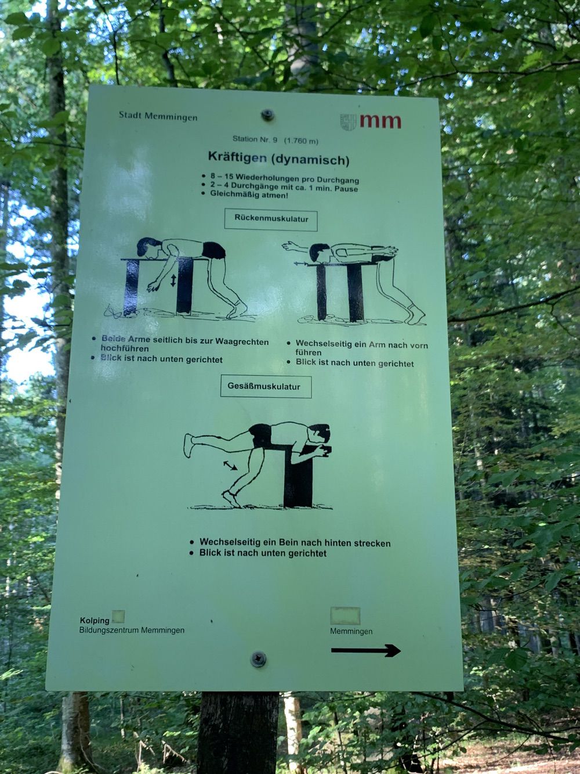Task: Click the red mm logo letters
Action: coord(380,121)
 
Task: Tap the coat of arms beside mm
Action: coord(348,122)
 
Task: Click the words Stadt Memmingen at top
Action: coord(158,116)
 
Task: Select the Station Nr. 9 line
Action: coord(275,140)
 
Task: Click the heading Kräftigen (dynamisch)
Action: coord(278,159)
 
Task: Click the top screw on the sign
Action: coord(267,114)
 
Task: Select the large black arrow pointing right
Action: coord(366,650)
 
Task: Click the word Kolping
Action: coord(95,621)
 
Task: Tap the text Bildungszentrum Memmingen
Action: coord(132,630)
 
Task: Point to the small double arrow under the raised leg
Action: coord(230,465)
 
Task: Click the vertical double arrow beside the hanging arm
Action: coord(173,280)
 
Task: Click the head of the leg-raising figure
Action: coord(320,434)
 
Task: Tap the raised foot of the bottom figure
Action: coord(189,445)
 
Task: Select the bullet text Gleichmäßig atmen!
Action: coord(249,195)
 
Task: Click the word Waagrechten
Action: coord(242,341)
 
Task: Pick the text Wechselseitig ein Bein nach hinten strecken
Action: coord(295,542)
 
